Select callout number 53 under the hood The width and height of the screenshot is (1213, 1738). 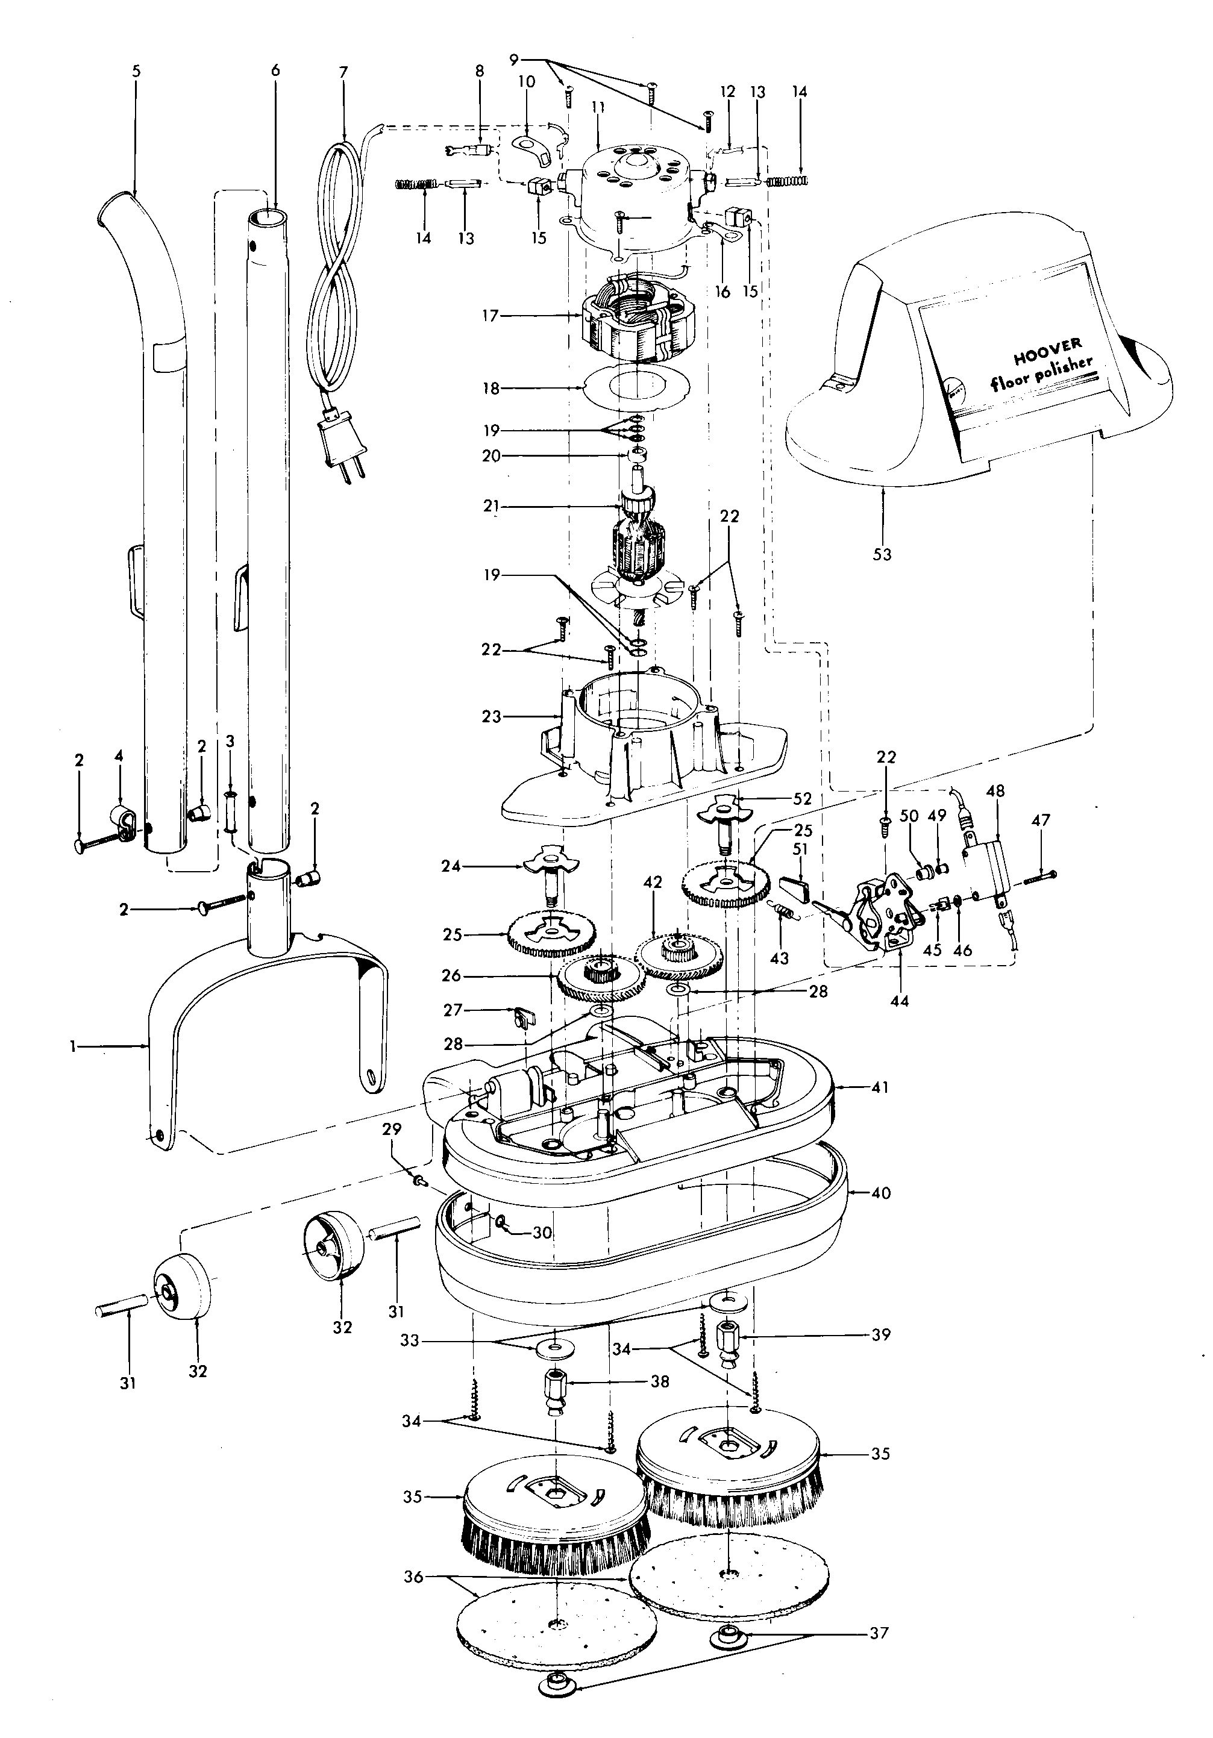pos(882,554)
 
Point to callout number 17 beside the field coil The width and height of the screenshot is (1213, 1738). pos(491,316)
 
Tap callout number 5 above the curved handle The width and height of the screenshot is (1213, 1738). pos(136,71)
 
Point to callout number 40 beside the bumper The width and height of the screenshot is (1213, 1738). pos(880,1193)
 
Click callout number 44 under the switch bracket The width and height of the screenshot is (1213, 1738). pos(900,1001)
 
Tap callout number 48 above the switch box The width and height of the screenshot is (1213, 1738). pos(995,791)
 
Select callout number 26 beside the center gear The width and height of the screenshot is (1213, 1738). pos(451,976)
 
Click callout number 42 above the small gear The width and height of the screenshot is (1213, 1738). pos(653,882)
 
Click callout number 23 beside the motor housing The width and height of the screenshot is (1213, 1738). pos(492,716)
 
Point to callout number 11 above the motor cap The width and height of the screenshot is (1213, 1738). pos(598,107)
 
